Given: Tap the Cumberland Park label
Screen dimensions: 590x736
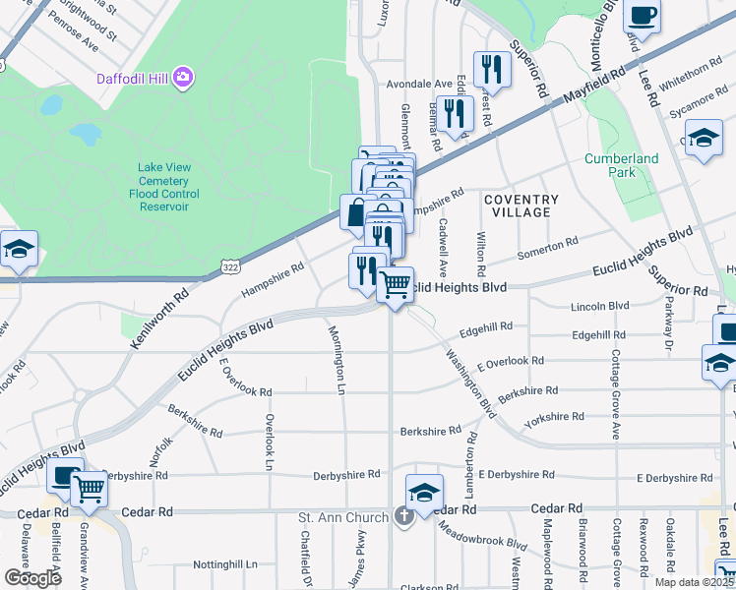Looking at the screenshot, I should point(621,165).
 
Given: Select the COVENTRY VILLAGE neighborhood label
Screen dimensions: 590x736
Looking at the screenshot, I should point(521,206).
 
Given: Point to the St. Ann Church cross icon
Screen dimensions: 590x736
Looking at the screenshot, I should point(403,516).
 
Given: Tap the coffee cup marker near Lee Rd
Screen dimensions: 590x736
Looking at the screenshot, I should point(642,17).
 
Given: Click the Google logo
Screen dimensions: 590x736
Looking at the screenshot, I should point(33,577).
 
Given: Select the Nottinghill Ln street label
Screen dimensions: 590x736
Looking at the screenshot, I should point(224,564).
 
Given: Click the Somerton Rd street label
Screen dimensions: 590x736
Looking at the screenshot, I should point(548,247).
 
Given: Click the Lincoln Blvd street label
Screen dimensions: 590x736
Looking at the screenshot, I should point(599,307).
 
